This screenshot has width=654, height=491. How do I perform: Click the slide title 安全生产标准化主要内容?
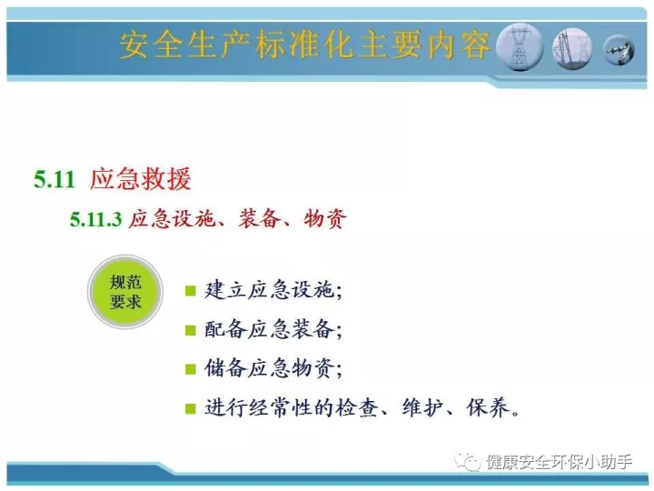(304, 45)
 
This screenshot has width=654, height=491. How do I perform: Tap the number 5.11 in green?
(54, 179)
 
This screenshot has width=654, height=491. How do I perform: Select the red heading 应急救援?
(141, 179)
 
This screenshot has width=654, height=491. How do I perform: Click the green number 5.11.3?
(95, 220)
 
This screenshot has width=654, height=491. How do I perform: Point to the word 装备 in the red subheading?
(260, 218)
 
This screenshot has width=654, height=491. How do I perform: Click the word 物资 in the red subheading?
(325, 218)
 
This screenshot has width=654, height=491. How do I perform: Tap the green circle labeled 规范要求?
(125, 292)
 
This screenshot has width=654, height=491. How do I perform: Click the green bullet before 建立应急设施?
(191, 291)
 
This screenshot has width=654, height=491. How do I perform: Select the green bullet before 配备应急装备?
(191, 330)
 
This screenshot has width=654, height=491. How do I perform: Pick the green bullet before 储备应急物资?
(191, 369)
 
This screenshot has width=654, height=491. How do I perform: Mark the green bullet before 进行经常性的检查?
(191, 408)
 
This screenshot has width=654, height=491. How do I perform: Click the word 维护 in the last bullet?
(422, 407)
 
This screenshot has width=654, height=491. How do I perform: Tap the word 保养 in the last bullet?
(488, 407)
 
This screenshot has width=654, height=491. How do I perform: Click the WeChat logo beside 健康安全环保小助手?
(467, 462)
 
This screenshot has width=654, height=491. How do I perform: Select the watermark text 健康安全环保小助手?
(559, 462)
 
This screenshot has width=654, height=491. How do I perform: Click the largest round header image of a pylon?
(520, 46)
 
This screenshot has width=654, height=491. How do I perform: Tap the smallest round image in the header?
(619, 50)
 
